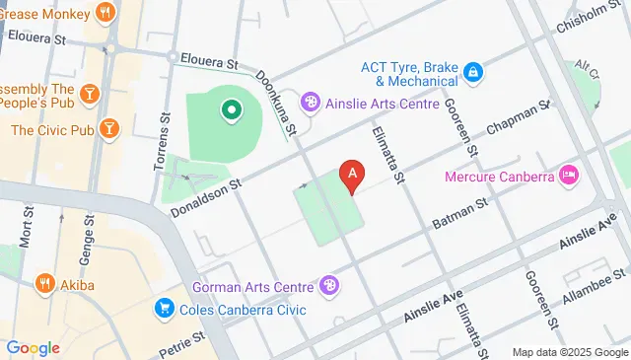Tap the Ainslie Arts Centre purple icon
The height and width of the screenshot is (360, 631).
point(311,102)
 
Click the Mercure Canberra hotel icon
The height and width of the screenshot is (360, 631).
point(568,177)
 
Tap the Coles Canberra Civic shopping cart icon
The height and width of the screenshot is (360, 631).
point(165,309)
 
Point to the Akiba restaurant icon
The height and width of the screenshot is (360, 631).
point(44,285)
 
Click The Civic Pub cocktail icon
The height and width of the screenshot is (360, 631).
point(109,129)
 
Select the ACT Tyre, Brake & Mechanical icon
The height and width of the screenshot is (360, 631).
point(473,72)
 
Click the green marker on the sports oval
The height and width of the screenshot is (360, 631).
point(232,109)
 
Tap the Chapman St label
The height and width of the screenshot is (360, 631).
point(518,119)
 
